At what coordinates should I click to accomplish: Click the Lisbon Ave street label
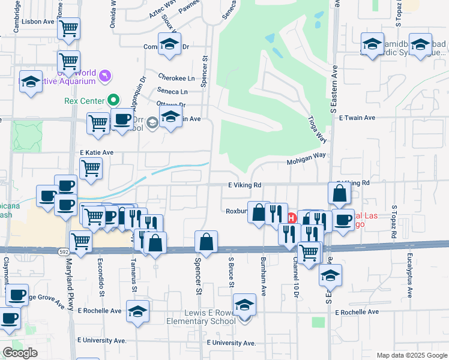pos(38,21)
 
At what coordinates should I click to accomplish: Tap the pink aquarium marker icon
pos(106,75)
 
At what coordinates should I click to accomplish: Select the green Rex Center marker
pos(112,101)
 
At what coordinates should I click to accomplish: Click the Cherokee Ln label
pos(176,79)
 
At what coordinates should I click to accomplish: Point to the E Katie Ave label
pos(97,153)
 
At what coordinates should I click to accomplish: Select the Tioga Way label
pos(318,129)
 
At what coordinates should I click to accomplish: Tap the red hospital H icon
pos(292,217)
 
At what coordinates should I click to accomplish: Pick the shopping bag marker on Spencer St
pos(206,242)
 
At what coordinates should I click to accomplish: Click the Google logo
pos(20,353)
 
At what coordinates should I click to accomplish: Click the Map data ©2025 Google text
pos(411,355)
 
